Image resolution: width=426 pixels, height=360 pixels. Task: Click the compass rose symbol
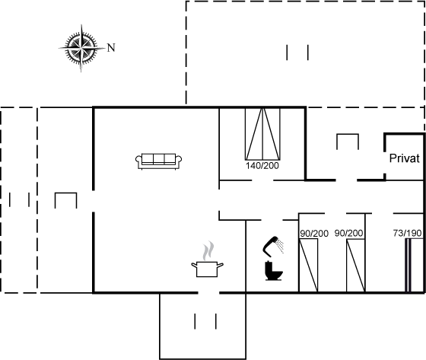(81, 48)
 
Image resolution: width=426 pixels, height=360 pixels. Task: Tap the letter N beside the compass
(111, 48)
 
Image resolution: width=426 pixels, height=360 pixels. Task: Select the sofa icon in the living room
(159, 161)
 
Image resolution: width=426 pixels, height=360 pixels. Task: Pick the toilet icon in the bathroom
(274, 271)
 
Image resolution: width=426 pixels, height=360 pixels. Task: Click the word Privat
(404, 158)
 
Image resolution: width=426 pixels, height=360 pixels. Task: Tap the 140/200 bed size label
(262, 166)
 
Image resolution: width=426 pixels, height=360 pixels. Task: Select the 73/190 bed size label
(407, 233)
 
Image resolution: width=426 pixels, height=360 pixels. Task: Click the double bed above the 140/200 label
(262, 134)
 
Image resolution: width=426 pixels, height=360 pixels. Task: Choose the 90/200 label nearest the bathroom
(314, 234)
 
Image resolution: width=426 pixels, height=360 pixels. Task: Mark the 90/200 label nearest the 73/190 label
(348, 233)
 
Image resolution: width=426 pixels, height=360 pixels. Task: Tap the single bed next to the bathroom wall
(308, 266)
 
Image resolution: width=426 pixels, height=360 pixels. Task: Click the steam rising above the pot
(208, 250)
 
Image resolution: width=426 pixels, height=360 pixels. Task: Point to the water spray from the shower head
(281, 246)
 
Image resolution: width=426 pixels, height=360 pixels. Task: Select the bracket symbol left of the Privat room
(348, 135)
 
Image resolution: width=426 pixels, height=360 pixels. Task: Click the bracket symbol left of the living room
(65, 193)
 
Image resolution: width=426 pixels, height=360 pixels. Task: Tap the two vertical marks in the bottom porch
(205, 321)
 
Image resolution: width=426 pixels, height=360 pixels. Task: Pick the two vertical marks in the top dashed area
(297, 53)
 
